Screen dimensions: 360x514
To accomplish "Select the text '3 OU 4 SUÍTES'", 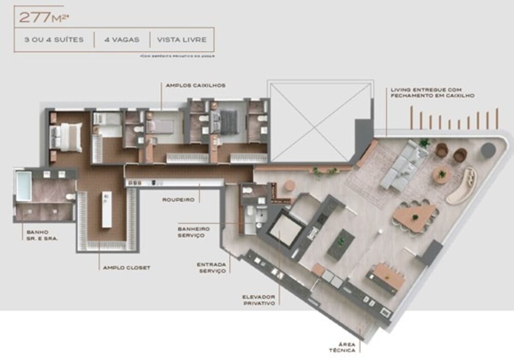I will pyautogui.click(x=53, y=40).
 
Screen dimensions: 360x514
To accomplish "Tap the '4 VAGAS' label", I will pyautogui.click(x=122, y=40).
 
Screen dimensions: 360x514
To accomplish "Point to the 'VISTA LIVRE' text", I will pyautogui.click(x=182, y=40).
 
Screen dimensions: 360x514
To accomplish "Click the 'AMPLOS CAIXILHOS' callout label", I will pyautogui.click(x=195, y=85).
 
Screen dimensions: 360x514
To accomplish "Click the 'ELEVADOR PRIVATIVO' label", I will pyautogui.click(x=259, y=300).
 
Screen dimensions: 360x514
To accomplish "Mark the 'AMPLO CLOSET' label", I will pyautogui.click(x=126, y=267).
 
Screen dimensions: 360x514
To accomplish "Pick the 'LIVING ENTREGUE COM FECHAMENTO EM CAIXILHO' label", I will pyautogui.click(x=432, y=93).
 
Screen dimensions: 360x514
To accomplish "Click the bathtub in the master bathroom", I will pyautogui.click(x=24, y=186).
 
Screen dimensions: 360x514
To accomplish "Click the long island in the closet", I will pyautogui.click(x=106, y=209).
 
